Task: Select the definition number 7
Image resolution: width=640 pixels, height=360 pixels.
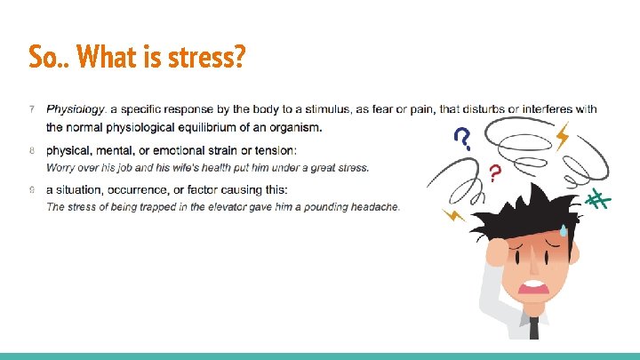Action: click(32, 110)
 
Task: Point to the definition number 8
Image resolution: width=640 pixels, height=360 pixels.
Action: click(32, 149)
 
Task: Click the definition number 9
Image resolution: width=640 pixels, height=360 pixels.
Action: click(32, 189)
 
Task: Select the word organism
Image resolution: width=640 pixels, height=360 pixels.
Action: click(294, 126)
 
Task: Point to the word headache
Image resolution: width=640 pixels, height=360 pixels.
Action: click(373, 207)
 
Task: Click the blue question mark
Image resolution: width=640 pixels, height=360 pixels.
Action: click(462, 138)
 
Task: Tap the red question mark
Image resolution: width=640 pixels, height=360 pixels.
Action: click(494, 172)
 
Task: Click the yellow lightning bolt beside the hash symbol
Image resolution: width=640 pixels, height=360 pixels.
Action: click(562, 136)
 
